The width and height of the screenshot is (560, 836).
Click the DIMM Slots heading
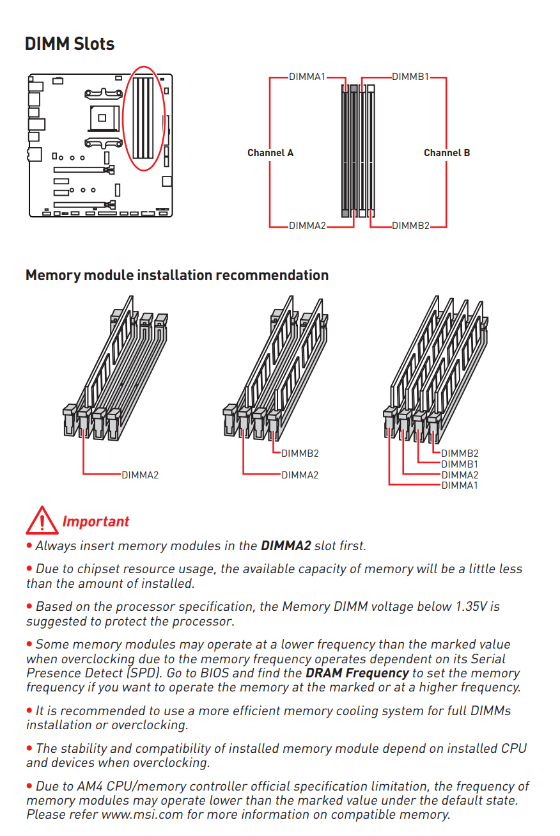[70, 44]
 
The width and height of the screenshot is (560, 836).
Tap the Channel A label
[270, 153]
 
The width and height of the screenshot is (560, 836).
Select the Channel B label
[447, 153]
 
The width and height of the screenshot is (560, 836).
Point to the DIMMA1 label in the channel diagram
[307, 77]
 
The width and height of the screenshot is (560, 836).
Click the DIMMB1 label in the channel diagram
[410, 77]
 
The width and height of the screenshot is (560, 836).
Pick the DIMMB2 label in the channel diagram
[410, 226]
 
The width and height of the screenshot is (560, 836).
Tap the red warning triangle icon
[42, 521]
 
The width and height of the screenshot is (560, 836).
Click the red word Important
[96, 521]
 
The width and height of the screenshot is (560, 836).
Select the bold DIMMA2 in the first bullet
[286, 546]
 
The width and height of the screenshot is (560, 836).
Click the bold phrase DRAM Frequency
[357, 673]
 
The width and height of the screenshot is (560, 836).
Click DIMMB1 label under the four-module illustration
[460, 464]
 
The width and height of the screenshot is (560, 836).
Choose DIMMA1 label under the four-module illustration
[460, 485]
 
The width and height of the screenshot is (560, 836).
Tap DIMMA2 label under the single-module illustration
[140, 475]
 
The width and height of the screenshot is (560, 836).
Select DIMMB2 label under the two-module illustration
[300, 453]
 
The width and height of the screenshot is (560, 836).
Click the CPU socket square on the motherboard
[102, 117]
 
